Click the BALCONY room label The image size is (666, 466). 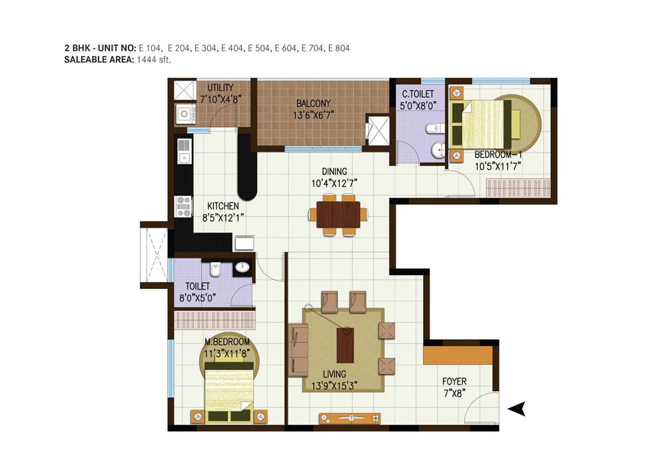click(x=314, y=103)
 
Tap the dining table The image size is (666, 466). click(x=338, y=214)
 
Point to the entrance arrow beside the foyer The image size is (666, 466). click(x=517, y=409)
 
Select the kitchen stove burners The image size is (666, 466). click(x=184, y=206)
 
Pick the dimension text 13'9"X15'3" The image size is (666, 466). click(x=334, y=385)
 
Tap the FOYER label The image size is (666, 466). click(x=454, y=381)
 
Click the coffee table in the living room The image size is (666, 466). click(x=345, y=345)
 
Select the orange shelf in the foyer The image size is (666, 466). click(x=458, y=355)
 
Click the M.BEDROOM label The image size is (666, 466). click(x=227, y=342)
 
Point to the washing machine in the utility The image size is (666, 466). click(x=184, y=114)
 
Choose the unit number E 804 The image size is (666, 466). click(x=339, y=48)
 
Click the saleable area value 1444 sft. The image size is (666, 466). click(x=154, y=60)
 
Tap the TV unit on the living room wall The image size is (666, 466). click(x=350, y=419)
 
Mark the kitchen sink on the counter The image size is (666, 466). click(x=184, y=151)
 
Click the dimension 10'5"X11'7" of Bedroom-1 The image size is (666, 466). click(x=498, y=166)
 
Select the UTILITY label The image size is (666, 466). click(x=220, y=87)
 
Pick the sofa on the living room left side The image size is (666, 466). click(x=298, y=349)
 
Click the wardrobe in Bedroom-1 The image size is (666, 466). click(x=518, y=188)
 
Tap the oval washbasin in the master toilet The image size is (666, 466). click(x=242, y=268)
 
